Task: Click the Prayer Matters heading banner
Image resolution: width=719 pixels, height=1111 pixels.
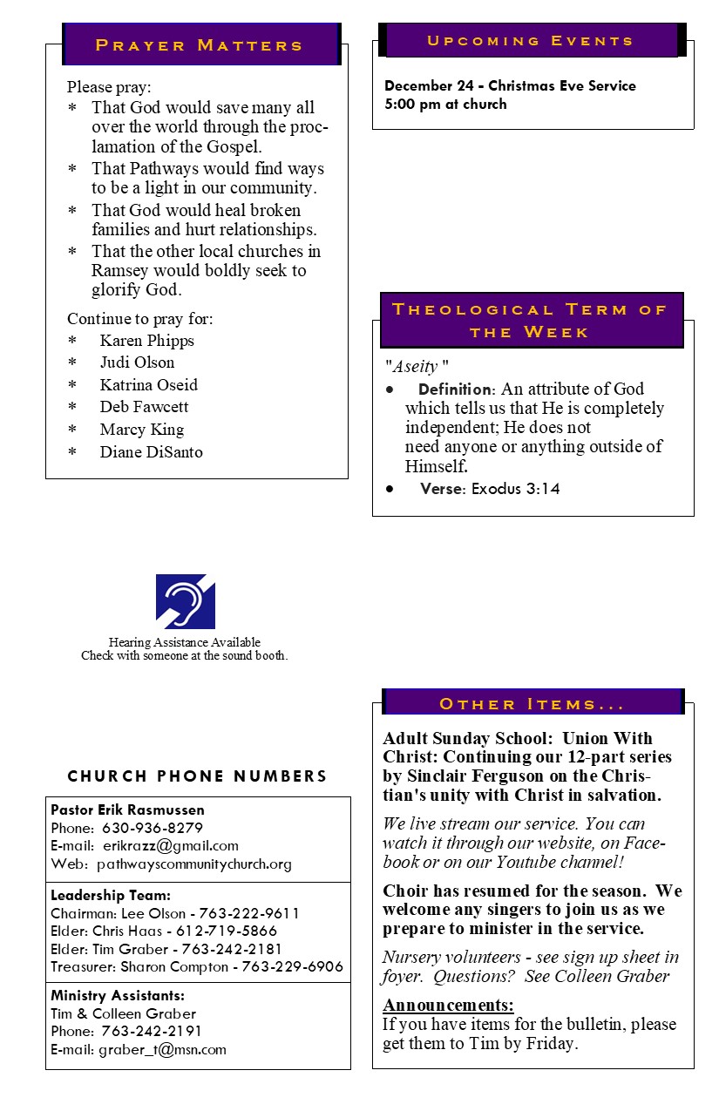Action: [x=200, y=44]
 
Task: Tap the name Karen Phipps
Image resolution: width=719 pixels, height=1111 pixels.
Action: [x=146, y=341]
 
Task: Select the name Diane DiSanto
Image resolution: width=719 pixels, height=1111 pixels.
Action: [x=151, y=451]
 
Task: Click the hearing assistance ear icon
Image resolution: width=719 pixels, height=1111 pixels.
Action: [x=186, y=601]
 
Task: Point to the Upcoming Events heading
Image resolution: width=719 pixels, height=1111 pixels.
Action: [x=530, y=41]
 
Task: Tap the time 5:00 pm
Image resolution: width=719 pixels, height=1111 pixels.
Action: [x=413, y=105]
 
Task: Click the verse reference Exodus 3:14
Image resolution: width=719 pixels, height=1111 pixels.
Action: [x=516, y=489]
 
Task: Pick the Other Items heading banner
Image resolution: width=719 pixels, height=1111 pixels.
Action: [x=532, y=703]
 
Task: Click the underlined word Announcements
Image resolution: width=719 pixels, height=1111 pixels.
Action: [x=448, y=1005]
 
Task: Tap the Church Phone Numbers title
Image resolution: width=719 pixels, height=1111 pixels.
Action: [x=198, y=776]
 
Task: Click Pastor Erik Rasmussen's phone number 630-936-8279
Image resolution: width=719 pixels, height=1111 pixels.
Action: [x=153, y=828]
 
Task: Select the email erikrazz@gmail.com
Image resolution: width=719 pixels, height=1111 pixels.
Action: [x=171, y=845]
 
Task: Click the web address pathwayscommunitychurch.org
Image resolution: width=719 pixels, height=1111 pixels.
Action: [x=194, y=864]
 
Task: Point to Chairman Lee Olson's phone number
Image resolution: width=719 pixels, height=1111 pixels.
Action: [x=249, y=913]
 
